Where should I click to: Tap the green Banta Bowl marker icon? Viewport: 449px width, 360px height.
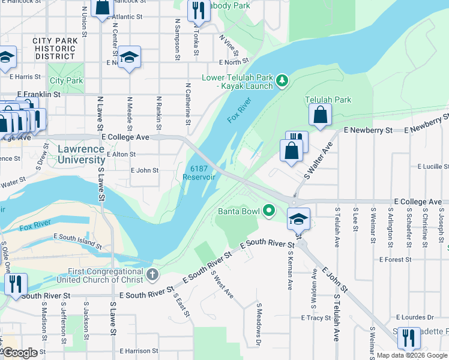pos(269,211)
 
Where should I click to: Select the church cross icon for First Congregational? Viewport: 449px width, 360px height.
pos(152,275)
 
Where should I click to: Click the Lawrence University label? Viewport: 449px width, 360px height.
pos(81,154)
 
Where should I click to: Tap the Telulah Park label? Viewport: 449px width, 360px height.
pos(328,100)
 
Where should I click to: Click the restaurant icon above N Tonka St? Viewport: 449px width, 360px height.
pos(196,10)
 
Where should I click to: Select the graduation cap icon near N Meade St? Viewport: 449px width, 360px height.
pos(129,57)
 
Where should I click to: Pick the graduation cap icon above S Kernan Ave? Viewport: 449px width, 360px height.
pos(297,219)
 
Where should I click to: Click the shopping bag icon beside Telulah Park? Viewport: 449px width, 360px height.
pos(321,114)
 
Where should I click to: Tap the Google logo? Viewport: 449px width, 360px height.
pos(20,352)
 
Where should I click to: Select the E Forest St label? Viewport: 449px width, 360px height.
pos(394,260)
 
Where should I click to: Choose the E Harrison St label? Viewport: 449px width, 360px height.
pos(139,350)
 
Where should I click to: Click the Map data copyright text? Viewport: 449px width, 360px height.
pos(412,355)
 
